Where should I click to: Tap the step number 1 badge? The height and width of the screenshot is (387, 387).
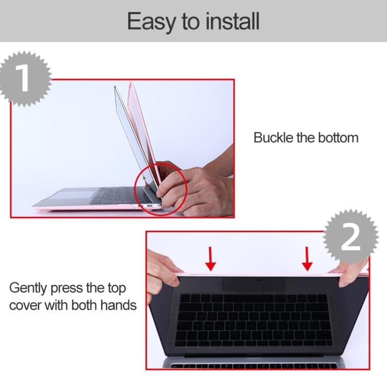tap(23, 78)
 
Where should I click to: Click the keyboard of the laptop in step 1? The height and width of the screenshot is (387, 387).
tap(116, 196)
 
